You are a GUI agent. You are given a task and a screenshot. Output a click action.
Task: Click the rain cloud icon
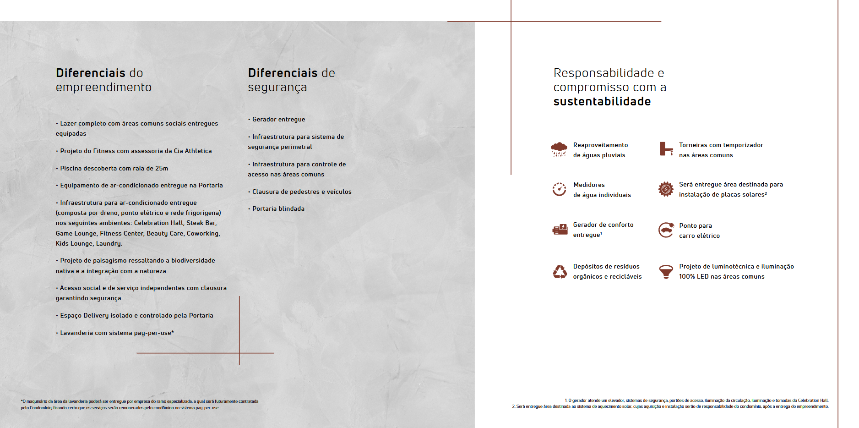pyautogui.click(x=559, y=149)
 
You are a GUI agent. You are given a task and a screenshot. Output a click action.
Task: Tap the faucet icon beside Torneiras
pyautogui.click(x=666, y=149)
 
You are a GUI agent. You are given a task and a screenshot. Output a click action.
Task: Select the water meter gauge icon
pyautogui.click(x=559, y=189)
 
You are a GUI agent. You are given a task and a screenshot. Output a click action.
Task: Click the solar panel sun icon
pyautogui.click(x=666, y=189)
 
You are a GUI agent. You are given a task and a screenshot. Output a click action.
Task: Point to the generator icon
pyautogui.click(x=560, y=230)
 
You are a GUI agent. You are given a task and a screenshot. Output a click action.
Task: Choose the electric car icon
pyautogui.click(x=666, y=230)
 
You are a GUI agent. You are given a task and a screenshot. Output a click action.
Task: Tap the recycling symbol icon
pyautogui.click(x=560, y=272)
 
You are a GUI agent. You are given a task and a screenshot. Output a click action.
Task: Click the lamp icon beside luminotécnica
pyautogui.click(x=666, y=271)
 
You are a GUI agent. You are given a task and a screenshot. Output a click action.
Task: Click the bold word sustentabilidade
pyautogui.click(x=602, y=101)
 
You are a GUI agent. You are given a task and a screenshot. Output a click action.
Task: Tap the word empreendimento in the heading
pyautogui.click(x=103, y=87)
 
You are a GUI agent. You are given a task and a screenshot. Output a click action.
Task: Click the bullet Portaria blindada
pyautogui.click(x=278, y=209)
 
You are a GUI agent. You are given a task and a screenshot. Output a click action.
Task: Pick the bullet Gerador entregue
pyautogui.click(x=278, y=120)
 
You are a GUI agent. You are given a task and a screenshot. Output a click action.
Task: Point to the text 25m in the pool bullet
pyautogui.click(x=162, y=169)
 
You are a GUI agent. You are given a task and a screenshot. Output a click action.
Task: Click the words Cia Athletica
pyautogui.click(x=192, y=151)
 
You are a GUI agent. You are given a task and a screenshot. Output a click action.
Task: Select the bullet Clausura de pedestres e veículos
pyautogui.click(x=302, y=192)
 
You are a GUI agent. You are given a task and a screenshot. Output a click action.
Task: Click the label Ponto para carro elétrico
pyautogui.click(x=699, y=230)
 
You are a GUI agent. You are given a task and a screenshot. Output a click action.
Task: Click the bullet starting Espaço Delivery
pyautogui.click(x=136, y=316)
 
